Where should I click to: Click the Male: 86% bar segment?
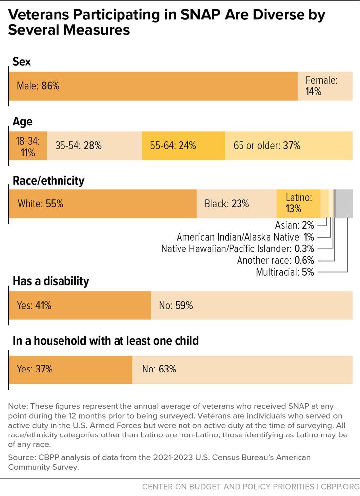(153, 86)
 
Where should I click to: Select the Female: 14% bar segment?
(325, 86)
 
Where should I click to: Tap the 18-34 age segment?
(28, 146)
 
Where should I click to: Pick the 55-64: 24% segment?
(183, 146)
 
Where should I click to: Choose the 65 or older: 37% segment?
(289, 146)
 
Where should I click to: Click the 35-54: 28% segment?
(94, 146)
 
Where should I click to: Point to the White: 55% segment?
(103, 204)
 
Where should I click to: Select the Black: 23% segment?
(237, 204)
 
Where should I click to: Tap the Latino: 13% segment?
(299, 204)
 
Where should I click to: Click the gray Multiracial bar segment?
(344, 204)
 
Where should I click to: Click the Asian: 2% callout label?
(295, 225)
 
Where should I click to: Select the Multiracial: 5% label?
(285, 272)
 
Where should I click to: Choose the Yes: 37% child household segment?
(70, 369)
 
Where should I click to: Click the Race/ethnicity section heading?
(48, 181)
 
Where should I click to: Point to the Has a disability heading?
(50, 282)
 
